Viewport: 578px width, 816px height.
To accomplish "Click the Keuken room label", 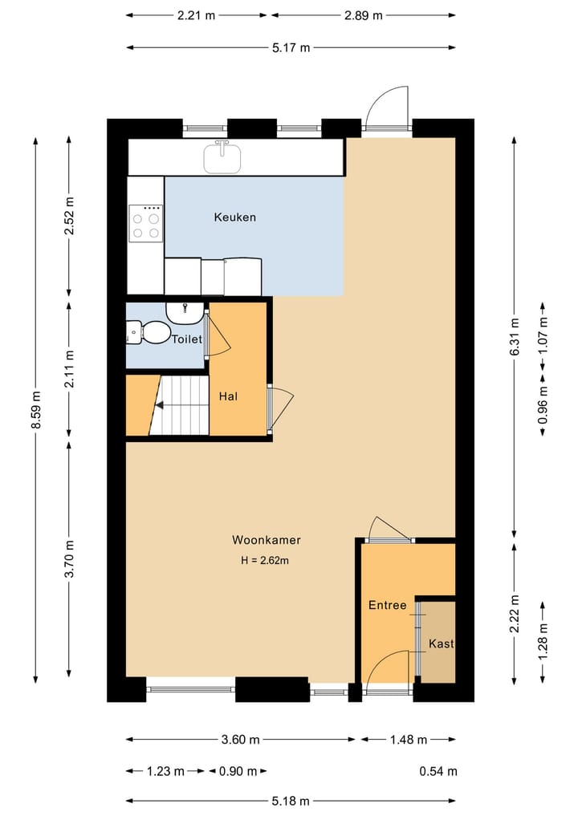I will click(x=234, y=217).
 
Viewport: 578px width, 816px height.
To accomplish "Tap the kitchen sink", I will click(x=222, y=156).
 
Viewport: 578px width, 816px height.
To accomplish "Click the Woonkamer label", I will click(x=267, y=540).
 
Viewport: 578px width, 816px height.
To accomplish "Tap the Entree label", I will click(x=387, y=605).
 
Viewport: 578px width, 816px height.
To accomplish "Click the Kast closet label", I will click(x=441, y=643).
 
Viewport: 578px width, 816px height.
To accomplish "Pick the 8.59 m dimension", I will click(x=35, y=410).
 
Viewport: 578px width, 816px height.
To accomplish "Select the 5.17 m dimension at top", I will click(x=291, y=47).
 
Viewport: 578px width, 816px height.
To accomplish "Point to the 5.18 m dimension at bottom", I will click(x=291, y=800).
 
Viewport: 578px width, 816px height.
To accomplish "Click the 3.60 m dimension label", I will click(x=241, y=740).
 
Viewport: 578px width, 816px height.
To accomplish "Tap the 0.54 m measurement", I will click(x=438, y=771).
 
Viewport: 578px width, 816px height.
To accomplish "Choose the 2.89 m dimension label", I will click(x=363, y=15).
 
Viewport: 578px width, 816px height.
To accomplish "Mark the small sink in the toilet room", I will click(x=186, y=310).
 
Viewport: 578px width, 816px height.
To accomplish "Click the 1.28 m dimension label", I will click(x=543, y=643).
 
